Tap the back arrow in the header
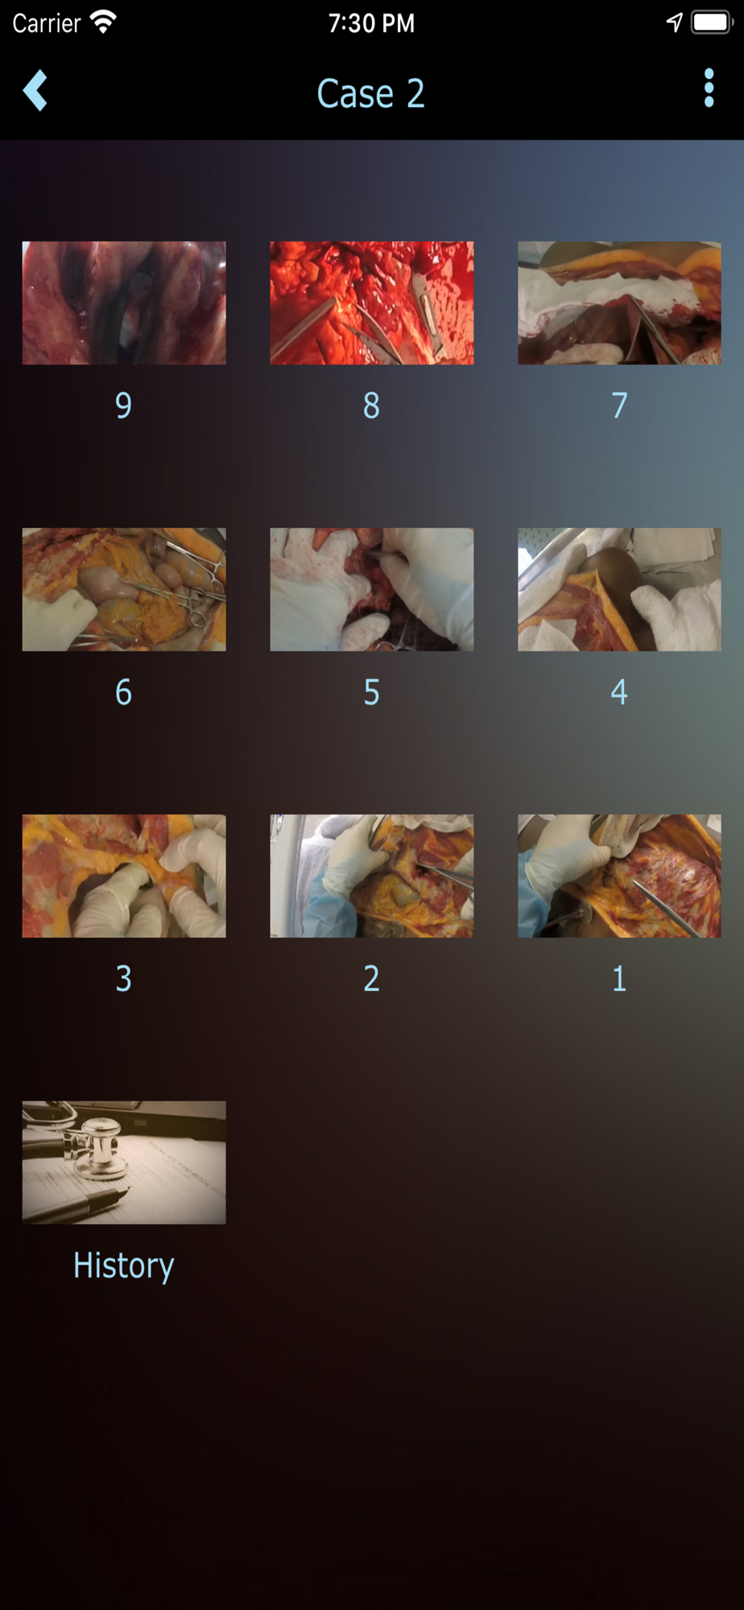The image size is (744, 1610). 35,90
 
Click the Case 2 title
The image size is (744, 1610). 370,93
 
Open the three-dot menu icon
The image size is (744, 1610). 709,88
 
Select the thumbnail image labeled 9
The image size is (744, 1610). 124,303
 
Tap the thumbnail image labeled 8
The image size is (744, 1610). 372,303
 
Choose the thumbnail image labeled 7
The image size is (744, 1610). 619,303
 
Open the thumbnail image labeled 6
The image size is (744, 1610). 124,589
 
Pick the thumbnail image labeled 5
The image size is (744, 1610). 372,589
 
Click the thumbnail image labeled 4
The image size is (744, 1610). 619,589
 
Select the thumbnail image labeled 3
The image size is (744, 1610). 124,876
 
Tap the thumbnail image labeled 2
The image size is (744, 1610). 372,876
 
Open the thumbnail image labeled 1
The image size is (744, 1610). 619,876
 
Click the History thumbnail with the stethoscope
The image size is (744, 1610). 124,1162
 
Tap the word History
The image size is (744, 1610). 124,1265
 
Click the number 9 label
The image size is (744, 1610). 124,405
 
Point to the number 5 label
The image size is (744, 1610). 371,691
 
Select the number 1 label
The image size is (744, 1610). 618,978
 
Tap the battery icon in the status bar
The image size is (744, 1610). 712,22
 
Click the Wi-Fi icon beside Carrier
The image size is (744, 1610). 103,22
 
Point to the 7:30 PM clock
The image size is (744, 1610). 371,23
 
